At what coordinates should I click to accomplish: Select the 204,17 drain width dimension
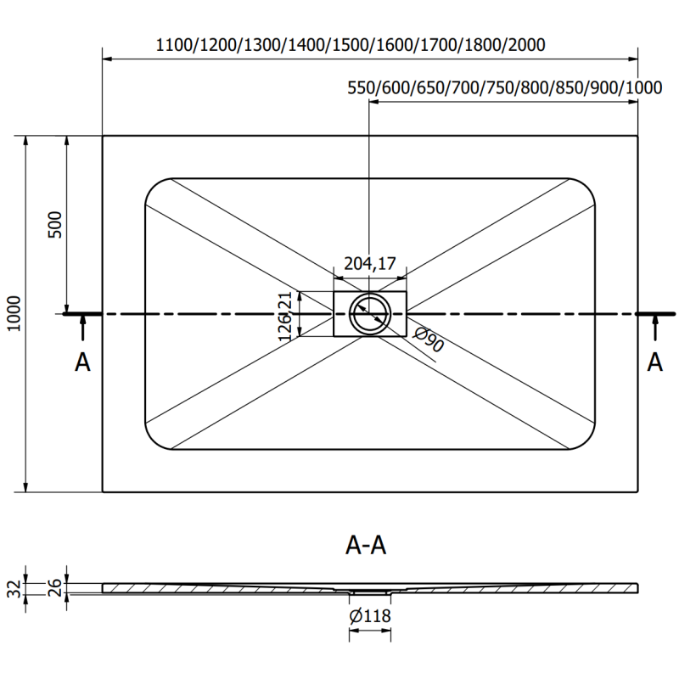pos(370,264)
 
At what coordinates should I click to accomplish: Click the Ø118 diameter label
pos(370,616)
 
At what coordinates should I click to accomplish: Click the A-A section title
pos(367,547)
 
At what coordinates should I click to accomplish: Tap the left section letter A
pos(82,362)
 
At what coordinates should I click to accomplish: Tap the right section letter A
pos(654,362)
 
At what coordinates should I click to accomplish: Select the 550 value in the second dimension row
pos(362,87)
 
